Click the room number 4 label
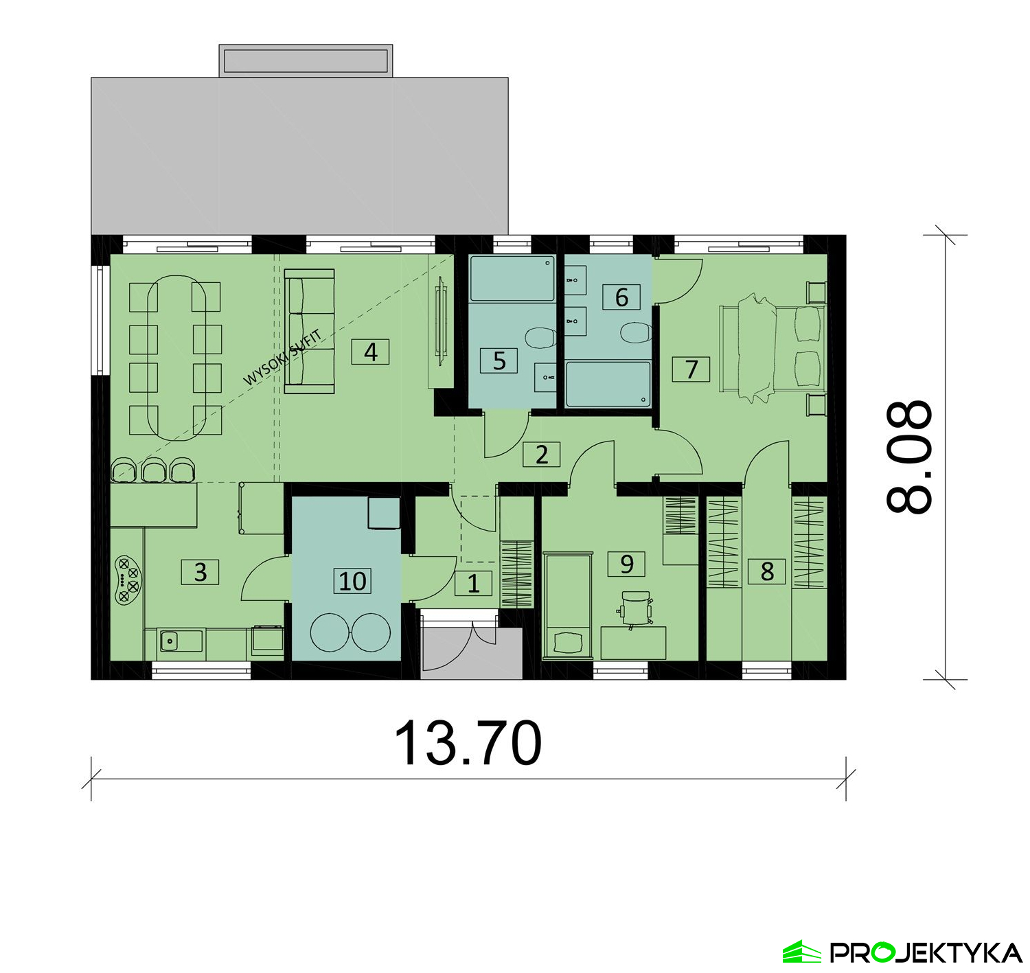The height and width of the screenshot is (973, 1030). point(370,352)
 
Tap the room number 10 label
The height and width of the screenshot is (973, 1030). point(352,580)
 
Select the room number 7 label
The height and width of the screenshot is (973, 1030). point(691,369)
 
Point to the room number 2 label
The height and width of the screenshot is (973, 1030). point(542,455)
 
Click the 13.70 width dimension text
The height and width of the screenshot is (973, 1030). point(468,743)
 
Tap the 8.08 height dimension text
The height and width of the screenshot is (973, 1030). point(909,457)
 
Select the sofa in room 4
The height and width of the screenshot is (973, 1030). point(309,332)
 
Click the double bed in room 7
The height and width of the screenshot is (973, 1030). point(772,347)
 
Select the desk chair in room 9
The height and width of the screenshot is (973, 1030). point(634,609)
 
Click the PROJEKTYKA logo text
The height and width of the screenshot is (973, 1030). point(926,952)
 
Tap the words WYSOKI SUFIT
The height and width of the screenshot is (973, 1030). point(283,357)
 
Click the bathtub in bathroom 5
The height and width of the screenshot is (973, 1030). point(512,279)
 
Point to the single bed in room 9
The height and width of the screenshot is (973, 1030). point(567,605)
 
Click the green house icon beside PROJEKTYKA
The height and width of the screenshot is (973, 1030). point(801,952)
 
